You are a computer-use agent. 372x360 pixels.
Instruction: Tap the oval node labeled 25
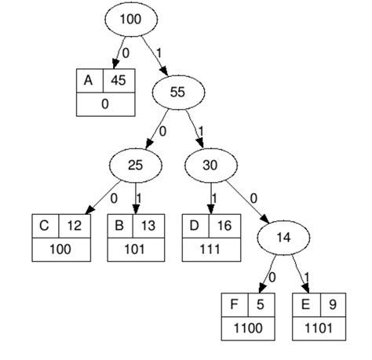coord(136,165)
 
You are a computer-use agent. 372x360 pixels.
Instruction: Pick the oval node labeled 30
coord(210,165)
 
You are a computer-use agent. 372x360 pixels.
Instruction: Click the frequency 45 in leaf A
coord(118,79)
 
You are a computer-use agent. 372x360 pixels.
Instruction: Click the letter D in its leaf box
coord(195,226)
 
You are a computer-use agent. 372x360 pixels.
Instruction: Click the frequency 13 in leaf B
coord(149,226)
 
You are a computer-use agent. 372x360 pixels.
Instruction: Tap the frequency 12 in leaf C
coord(73,226)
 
